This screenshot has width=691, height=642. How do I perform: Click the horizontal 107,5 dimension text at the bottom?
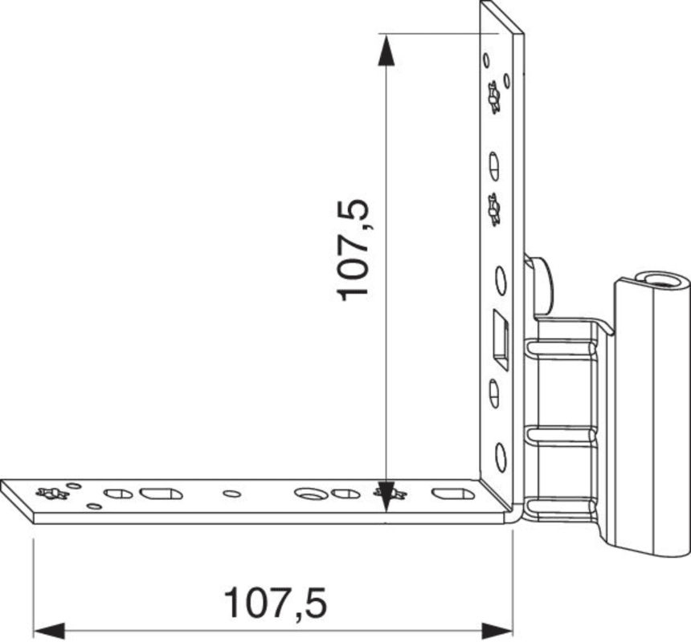coord(276,603)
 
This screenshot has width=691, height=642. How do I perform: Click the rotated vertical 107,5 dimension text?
coord(353,250)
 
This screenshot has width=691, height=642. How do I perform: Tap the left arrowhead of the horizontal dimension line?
coord(49,631)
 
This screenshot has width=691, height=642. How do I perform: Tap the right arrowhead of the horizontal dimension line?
coord(497,631)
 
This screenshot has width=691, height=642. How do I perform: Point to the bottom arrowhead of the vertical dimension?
coord(386,497)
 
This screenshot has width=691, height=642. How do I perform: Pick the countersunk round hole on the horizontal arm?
coord(310,494)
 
